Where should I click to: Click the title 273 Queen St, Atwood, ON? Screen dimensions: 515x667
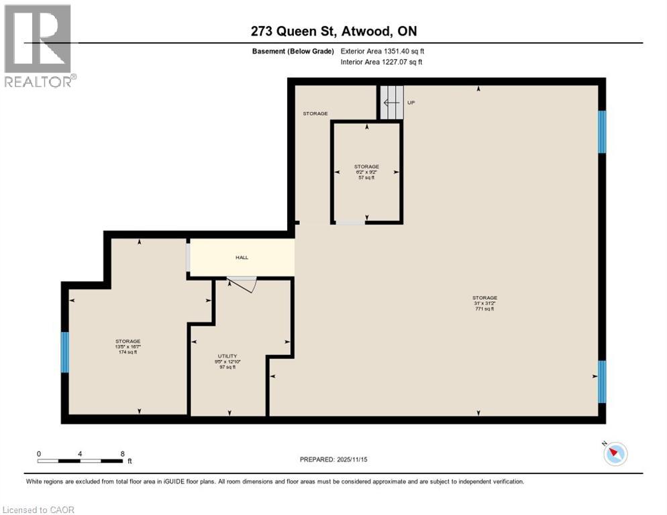333,32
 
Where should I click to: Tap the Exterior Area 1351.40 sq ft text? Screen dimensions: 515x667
382,51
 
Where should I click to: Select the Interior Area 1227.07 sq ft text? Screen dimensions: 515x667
381,62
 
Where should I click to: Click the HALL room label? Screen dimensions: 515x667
242,257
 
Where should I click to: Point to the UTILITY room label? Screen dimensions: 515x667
227,356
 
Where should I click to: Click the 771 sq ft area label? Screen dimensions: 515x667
484,309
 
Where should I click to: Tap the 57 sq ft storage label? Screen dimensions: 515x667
366,178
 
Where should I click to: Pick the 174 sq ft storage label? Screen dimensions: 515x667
127,352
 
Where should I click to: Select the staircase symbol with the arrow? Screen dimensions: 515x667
393,103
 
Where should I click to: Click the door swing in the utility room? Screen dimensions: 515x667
243,284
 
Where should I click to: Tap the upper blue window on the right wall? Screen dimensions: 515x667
602,131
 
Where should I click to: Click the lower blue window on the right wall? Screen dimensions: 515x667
602,382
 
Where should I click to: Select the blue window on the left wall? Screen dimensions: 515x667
65,352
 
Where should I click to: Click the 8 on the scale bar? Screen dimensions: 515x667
121,454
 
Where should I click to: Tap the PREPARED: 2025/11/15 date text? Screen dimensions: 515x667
333,459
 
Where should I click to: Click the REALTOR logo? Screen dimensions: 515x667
39,46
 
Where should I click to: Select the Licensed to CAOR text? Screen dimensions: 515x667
39,510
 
